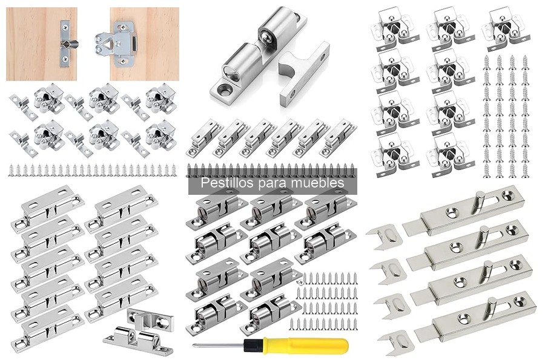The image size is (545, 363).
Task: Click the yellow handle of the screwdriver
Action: (x=305, y=345)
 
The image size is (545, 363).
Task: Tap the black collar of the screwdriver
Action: (x=253, y=345)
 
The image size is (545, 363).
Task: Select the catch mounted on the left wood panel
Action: (x=67, y=44)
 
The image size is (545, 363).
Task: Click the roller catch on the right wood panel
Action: (x=116, y=44)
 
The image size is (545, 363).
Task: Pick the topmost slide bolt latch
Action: (x=464, y=210)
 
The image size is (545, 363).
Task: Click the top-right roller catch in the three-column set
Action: (x=506, y=29)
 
